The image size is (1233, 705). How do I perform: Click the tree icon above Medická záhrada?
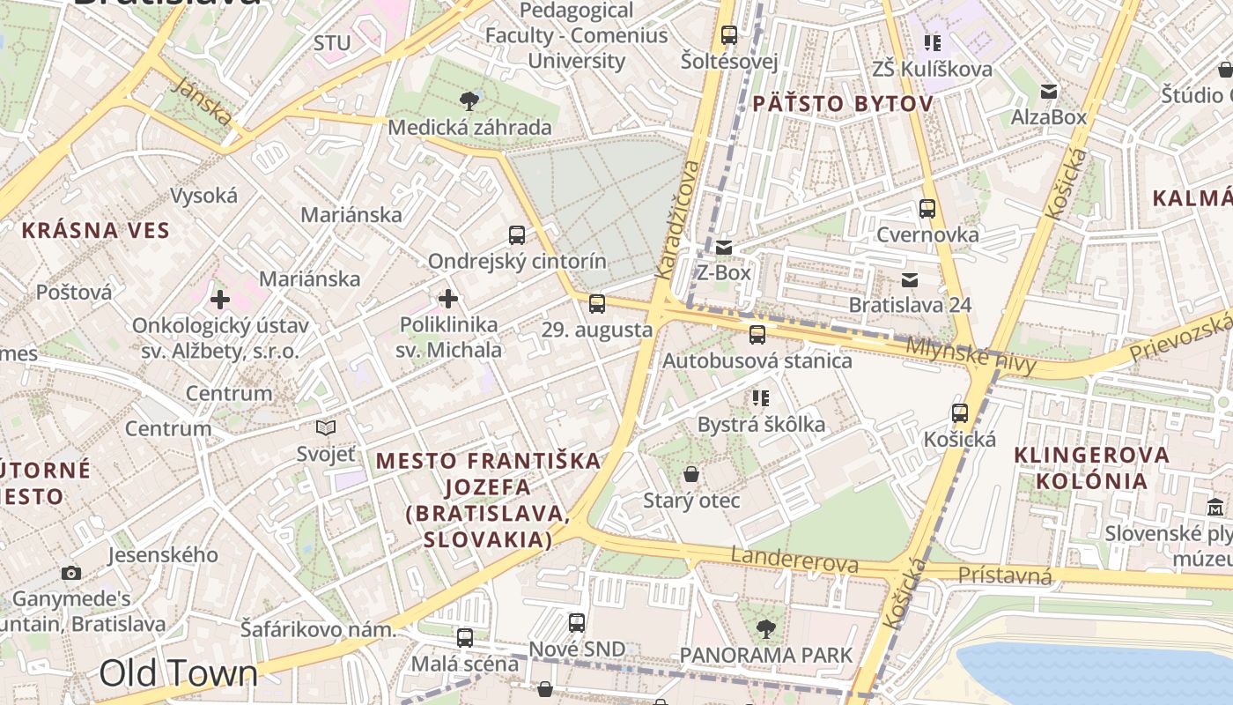[469, 101]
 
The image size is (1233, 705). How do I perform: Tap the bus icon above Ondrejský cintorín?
[517, 235]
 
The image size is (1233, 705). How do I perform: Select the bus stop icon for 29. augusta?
[597, 304]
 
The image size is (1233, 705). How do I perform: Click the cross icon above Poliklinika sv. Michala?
[448, 299]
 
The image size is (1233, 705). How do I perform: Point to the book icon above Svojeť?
[326, 428]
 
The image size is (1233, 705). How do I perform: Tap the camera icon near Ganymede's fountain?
[71, 573]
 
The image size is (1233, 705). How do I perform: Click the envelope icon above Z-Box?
[724, 248]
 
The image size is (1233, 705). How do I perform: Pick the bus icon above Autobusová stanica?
[757, 335]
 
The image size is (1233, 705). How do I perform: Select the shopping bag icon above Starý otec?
[691, 474]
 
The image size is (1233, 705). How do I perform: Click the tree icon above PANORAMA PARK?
[766, 628]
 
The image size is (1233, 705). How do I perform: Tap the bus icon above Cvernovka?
[927, 209]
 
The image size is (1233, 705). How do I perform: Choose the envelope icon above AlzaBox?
[1049, 92]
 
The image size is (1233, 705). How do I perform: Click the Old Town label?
[179, 673]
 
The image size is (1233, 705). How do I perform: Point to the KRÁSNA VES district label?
[95, 231]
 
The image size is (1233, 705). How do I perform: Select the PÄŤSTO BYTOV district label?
[842, 104]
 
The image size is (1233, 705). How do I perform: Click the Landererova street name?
[794, 560]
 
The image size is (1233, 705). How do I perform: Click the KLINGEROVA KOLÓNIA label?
[1092, 468]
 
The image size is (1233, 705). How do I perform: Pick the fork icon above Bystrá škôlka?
[761, 398]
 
